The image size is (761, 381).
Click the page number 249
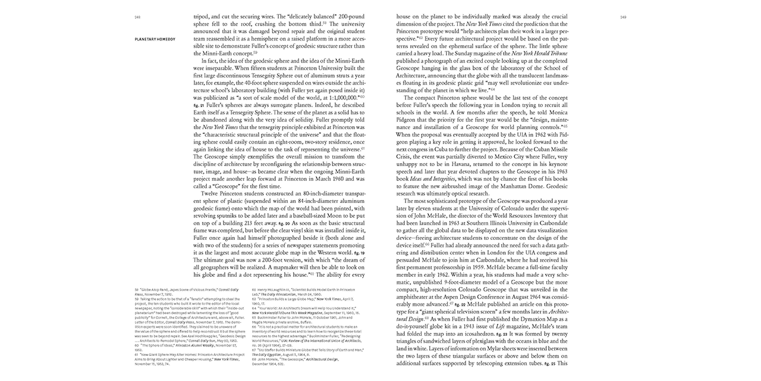pyautogui.click(x=623, y=17)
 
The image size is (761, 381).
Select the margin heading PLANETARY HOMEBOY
pyautogui.click(x=155, y=39)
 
